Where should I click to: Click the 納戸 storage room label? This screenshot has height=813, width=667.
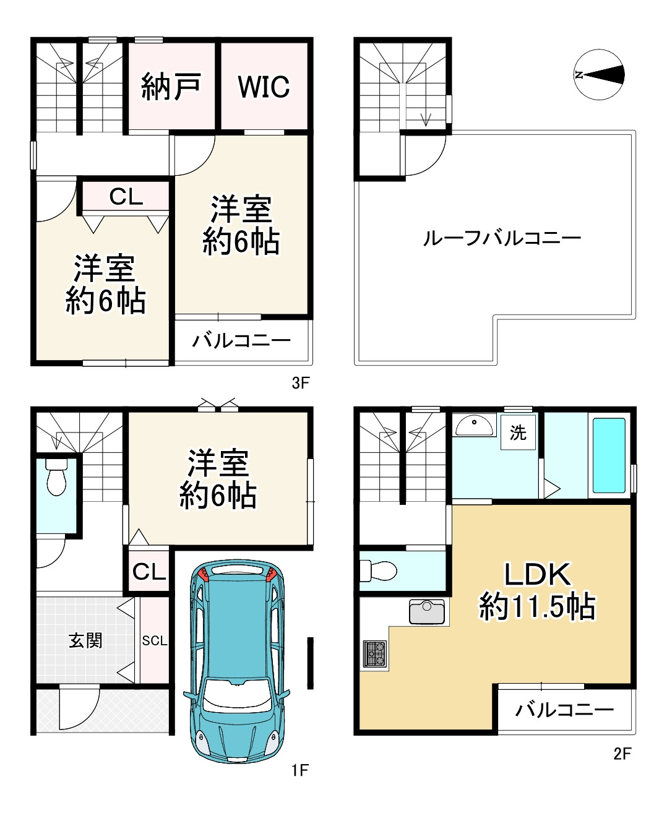coord(171,87)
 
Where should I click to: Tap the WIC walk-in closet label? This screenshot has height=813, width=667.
coord(264,87)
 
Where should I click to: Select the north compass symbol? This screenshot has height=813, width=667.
coord(598,75)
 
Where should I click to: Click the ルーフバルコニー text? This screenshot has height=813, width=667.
coord(501,238)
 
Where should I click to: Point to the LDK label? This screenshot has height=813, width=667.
coord(537,574)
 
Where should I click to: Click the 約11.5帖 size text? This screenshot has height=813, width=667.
coord(537,606)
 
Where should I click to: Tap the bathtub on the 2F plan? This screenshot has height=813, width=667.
coord(609,455)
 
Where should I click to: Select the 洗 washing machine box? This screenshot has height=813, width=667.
coord(518,432)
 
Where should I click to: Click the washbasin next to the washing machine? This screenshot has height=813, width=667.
coord(475,425)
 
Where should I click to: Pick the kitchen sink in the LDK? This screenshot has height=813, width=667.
coord(426,611)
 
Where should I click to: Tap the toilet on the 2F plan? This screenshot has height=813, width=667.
coord(377,570)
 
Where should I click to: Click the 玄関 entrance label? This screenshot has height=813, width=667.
coord(85,640)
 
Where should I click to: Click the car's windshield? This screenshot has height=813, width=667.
coord(238,695)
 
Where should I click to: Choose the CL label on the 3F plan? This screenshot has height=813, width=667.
coord(126,197)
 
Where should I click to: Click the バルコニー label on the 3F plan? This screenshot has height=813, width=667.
coord(241,340)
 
